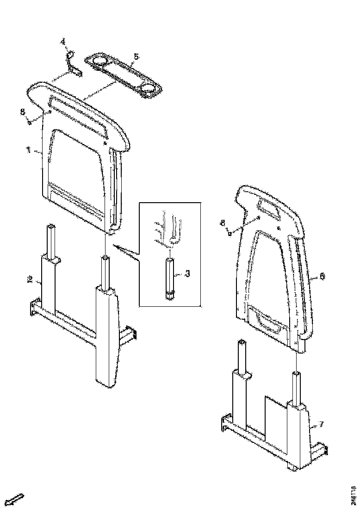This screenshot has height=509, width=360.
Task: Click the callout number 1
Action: click(x=29, y=150)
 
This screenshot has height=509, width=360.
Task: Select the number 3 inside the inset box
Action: click(x=187, y=273)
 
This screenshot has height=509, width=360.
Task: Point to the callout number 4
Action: click(x=64, y=43)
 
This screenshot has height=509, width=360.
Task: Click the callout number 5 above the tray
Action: click(x=136, y=57)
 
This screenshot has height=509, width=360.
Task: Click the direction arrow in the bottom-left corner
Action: click(x=16, y=499)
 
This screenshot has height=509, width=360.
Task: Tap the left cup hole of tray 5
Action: click(x=99, y=61)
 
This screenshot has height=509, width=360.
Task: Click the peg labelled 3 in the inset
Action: click(x=170, y=277)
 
